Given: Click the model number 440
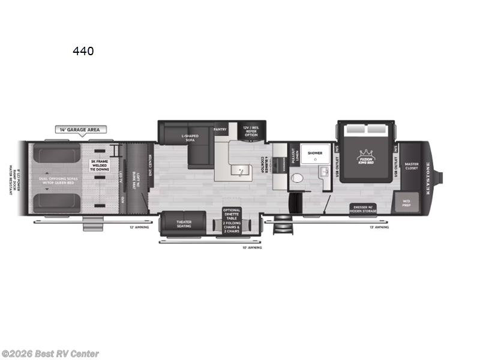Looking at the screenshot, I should pyautogui.click(x=83, y=52).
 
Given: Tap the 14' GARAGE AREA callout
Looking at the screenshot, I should pyautogui.click(x=82, y=129).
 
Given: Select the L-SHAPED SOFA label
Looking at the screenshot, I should pyautogui.click(x=190, y=138).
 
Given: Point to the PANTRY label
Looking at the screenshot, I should pyautogui.click(x=220, y=129).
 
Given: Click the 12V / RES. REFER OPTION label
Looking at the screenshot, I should pyautogui.click(x=250, y=131).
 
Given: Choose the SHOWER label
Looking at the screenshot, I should pyautogui.click(x=315, y=153).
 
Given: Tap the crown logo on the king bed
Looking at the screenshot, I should pyautogui.click(x=367, y=155).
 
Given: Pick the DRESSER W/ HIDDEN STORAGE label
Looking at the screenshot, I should pyautogui.click(x=364, y=209).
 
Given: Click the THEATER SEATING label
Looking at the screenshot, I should pyautogui.click(x=184, y=224).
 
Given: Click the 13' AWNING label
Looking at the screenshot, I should pyautogui.click(x=379, y=227).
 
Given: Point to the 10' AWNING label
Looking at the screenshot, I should pyautogui.click(x=252, y=247).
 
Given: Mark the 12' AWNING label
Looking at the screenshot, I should pyautogui.click(x=139, y=227).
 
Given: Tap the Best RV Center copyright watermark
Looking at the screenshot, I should pyautogui.click(x=50, y=354).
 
